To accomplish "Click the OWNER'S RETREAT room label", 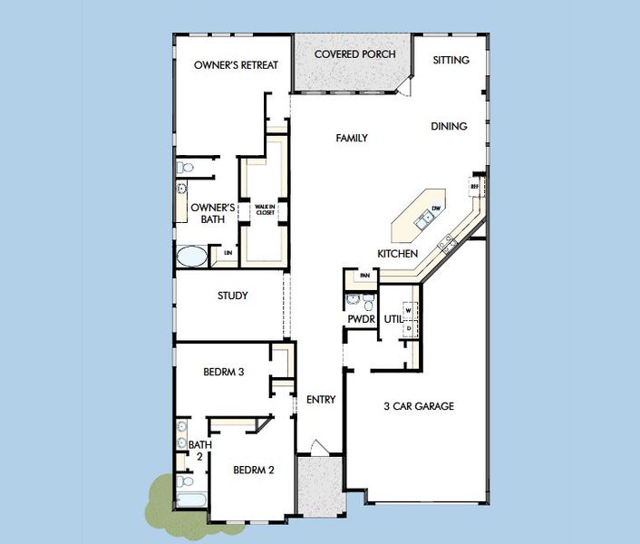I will click(x=236, y=65).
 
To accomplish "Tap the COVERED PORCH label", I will click(x=354, y=54).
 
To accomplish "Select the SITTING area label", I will click(x=451, y=60).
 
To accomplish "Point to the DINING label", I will click(x=449, y=127).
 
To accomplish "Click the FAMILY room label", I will click(x=352, y=139).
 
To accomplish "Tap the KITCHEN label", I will click(x=397, y=254).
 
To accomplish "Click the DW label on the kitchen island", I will click(x=436, y=209).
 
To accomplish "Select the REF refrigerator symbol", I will click(x=474, y=187).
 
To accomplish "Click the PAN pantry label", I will click(x=364, y=276).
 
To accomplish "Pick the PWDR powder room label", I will click(x=360, y=319).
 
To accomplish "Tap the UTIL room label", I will click(x=393, y=319).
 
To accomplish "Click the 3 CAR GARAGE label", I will click(x=418, y=406).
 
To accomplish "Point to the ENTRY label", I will click(x=321, y=400).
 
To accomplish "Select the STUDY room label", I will click(x=233, y=296).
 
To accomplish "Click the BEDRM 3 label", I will click(x=223, y=371).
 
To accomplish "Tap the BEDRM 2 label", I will click(x=253, y=470).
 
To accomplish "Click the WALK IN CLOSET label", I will click(x=265, y=209).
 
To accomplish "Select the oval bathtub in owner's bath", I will click(x=191, y=256).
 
